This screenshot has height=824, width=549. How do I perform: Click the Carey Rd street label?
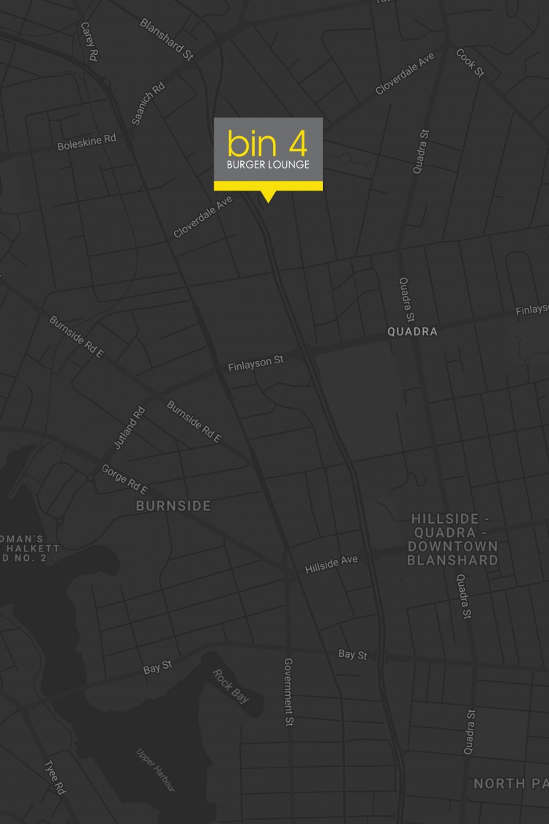click(x=89, y=41)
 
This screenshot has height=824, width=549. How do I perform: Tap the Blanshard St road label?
click(x=166, y=39)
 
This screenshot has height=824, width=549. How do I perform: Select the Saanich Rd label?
click(x=148, y=103)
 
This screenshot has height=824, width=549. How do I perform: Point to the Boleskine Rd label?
click(x=86, y=141)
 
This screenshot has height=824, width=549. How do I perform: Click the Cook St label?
click(x=470, y=63)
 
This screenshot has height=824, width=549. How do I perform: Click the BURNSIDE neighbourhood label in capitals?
click(x=173, y=506)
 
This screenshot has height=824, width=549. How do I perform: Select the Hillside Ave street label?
click(x=332, y=564)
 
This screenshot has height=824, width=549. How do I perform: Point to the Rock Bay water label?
click(x=230, y=686)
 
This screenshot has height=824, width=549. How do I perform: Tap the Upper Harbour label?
click(x=156, y=770)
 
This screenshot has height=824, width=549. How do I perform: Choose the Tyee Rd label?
click(x=56, y=777)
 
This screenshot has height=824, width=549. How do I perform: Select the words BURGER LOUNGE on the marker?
click(x=268, y=165)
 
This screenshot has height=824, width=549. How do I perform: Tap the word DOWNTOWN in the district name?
click(x=453, y=546)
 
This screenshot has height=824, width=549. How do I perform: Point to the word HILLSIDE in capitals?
click(x=447, y=519)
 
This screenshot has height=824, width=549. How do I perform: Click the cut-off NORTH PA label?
click(x=510, y=784)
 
